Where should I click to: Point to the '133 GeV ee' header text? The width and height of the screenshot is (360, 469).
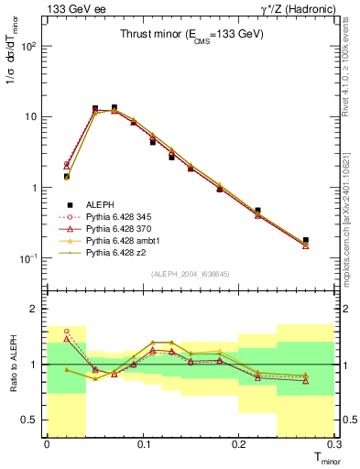[71, 8]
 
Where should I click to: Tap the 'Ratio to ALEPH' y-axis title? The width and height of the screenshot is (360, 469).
[15, 364]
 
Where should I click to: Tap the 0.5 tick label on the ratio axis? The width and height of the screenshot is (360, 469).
[31, 420]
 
